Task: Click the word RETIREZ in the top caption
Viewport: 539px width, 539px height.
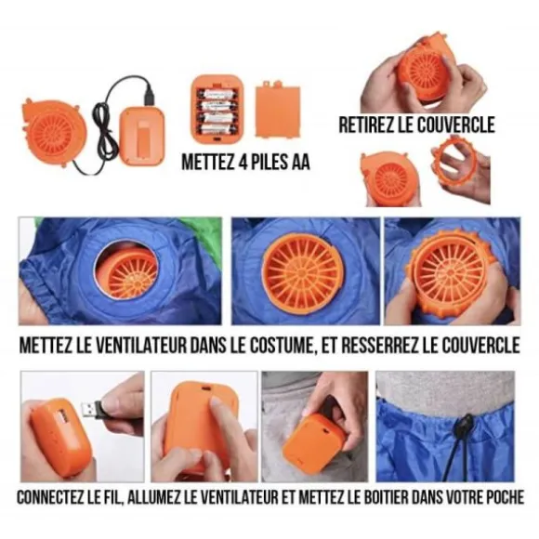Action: (x=366, y=125)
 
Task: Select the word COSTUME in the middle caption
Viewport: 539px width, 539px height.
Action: (x=283, y=345)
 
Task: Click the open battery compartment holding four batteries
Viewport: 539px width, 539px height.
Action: (x=217, y=109)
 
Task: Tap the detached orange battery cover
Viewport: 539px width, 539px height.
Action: (x=278, y=109)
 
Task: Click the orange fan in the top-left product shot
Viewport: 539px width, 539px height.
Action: (x=52, y=131)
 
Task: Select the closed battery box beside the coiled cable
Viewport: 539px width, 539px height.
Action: (x=142, y=136)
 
